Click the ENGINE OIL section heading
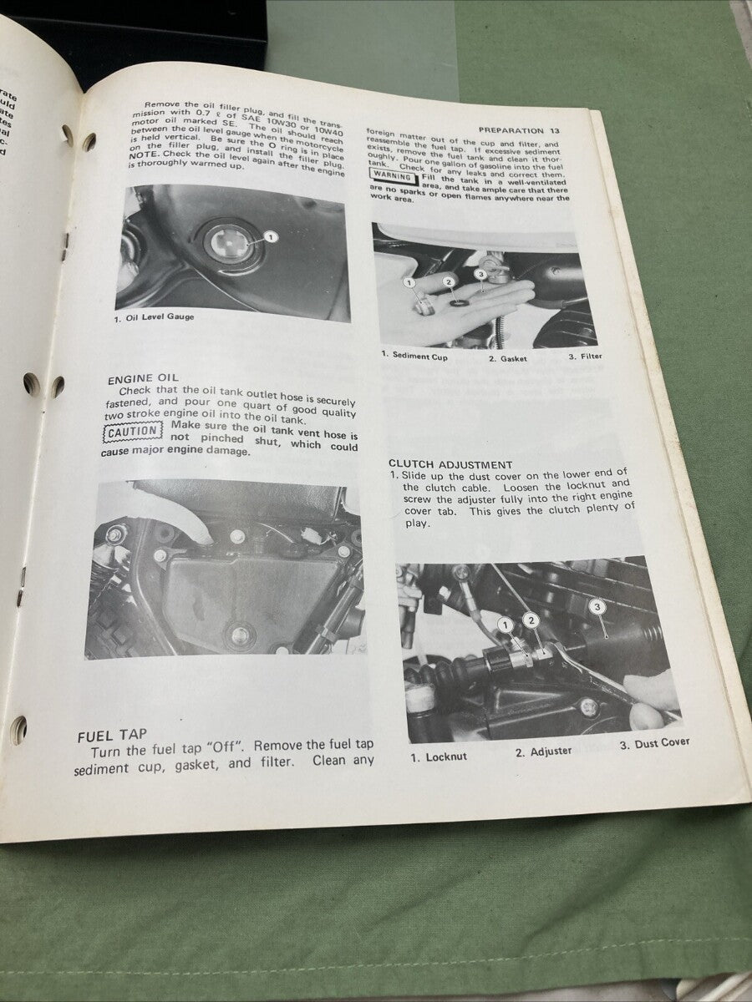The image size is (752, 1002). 143,378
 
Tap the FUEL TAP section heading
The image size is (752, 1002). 112,736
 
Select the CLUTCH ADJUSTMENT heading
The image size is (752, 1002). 450,464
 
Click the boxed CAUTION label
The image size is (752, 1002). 133,432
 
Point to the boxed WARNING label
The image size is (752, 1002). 392,176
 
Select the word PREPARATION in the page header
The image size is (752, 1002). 512,130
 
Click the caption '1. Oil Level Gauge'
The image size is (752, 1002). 154,317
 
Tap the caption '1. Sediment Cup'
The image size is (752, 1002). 414,357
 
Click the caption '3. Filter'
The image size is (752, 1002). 585,357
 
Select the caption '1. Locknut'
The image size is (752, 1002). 440,757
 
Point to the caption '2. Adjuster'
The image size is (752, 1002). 543,751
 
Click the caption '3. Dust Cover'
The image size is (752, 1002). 654,743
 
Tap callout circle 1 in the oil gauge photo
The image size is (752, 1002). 272,237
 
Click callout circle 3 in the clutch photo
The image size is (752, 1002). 597,607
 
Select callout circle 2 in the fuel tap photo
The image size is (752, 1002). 450,282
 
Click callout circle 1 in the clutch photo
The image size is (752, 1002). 505,625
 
